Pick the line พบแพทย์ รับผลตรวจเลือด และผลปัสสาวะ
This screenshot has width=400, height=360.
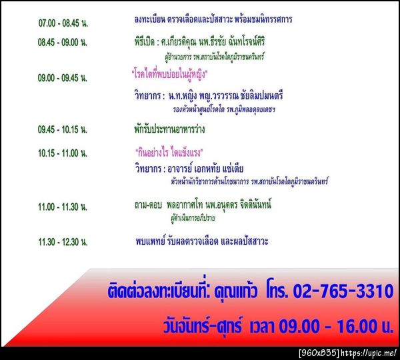(201, 241)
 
